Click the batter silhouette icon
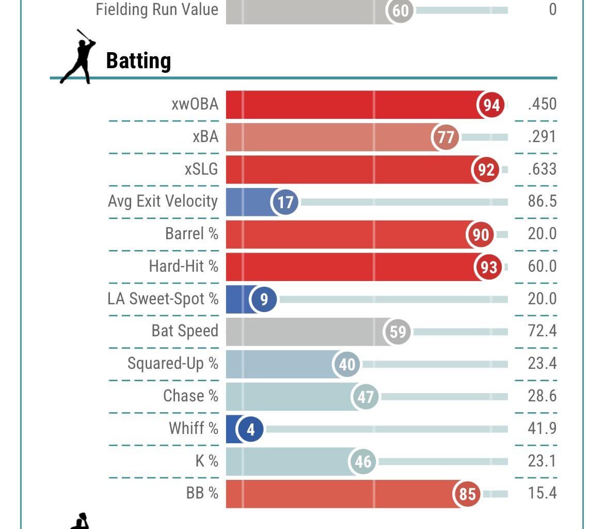click(x=78, y=57)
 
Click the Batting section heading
click(x=138, y=61)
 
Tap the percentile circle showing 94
click(x=491, y=105)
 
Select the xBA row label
click(x=205, y=137)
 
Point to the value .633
click(x=542, y=169)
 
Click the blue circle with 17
click(x=285, y=202)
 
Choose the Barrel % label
click(x=192, y=234)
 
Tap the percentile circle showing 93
click(x=488, y=267)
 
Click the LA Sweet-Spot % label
click(x=163, y=299)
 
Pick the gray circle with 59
click(x=398, y=332)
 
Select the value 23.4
click(x=542, y=363)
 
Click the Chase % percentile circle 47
click(x=365, y=397)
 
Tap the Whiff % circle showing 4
click(x=251, y=429)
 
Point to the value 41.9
click(x=542, y=428)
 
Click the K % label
click(x=206, y=461)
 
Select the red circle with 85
click(x=467, y=494)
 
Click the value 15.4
click(x=542, y=493)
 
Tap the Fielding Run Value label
click(x=157, y=9)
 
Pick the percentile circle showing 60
click(x=401, y=10)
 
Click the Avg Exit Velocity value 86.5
click(x=542, y=201)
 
